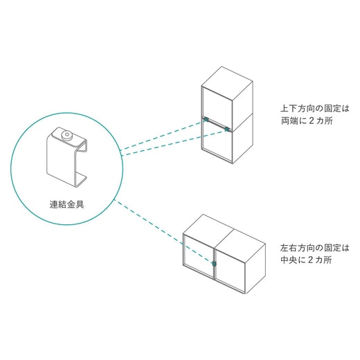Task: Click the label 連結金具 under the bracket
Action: click(x=67, y=204)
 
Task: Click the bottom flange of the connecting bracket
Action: click(x=78, y=181)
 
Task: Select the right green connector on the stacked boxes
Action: click(x=228, y=129)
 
